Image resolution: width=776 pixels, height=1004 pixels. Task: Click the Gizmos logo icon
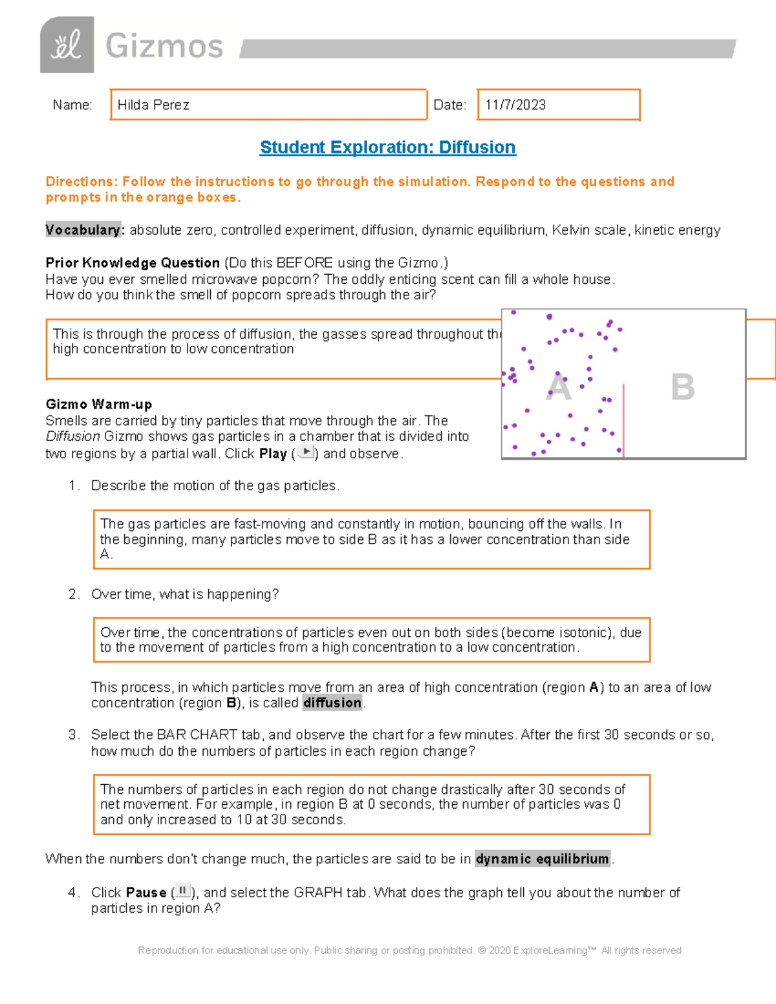[x=67, y=45]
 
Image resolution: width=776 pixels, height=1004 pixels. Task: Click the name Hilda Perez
[x=153, y=105]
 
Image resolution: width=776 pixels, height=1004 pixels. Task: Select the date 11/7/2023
[x=515, y=105]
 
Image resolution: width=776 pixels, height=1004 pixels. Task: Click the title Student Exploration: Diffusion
[x=387, y=147]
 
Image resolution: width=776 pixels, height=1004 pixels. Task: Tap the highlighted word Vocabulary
[x=83, y=230]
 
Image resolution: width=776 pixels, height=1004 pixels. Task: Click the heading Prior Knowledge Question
[x=133, y=262]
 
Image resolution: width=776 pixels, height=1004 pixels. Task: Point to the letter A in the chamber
[x=559, y=388]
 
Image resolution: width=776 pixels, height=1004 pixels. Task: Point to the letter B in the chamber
[x=682, y=387]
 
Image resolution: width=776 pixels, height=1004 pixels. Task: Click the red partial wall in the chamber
[x=623, y=420]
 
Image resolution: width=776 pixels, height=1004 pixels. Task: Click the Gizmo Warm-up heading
[x=99, y=405]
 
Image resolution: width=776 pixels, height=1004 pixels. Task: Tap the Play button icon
[x=305, y=452]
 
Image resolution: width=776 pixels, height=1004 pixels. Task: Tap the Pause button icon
[x=182, y=891]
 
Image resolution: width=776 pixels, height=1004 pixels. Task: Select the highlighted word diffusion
[x=332, y=703]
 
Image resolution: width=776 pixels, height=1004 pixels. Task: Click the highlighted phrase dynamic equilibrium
[x=543, y=859]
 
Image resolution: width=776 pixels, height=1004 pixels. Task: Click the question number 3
[x=73, y=735]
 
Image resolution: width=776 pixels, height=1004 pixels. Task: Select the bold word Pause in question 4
[x=146, y=893]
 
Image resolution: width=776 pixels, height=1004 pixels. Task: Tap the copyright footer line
[x=409, y=950]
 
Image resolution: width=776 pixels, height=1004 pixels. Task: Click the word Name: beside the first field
[x=72, y=105]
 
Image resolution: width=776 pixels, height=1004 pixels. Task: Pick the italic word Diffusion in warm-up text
[x=72, y=436]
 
